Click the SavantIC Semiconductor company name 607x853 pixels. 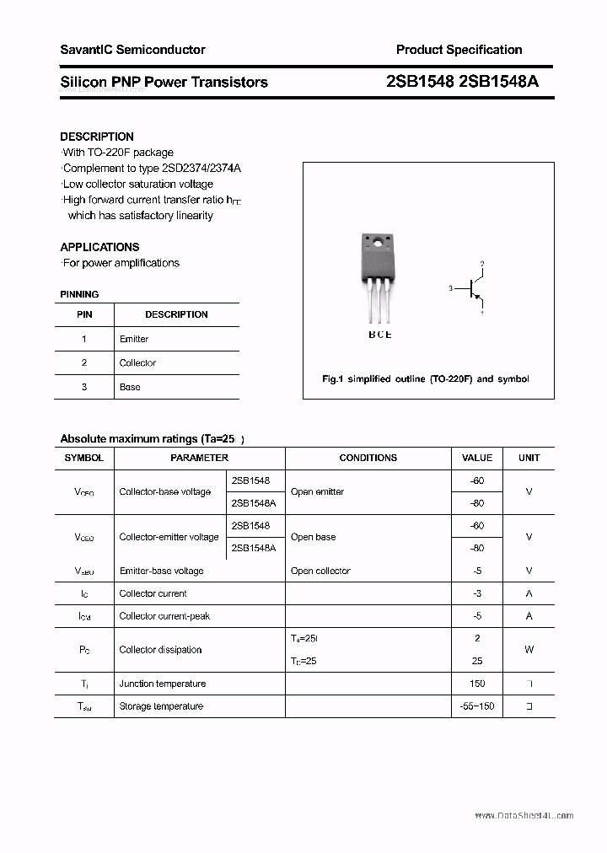point(132,50)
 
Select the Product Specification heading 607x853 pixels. point(459,50)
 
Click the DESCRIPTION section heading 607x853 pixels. point(97,137)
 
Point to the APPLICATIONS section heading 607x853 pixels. point(99,247)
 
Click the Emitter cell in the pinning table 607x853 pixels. point(134,339)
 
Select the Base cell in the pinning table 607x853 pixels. point(130,387)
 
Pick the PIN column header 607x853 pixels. point(84,314)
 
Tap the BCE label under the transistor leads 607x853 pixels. point(379,335)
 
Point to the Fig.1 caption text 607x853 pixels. point(426,379)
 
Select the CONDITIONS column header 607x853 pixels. point(368,458)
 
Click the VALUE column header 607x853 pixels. point(477,458)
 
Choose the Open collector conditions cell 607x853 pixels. point(320,571)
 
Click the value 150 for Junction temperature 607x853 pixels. point(477,684)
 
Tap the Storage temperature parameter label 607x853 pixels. point(161,706)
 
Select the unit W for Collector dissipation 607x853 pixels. point(529,650)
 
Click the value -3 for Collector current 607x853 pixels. point(477,593)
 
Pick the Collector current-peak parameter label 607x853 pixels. point(164,616)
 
